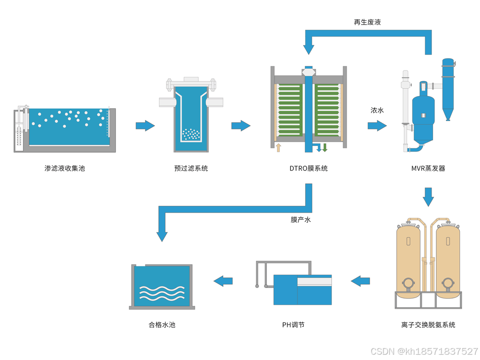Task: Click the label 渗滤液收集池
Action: pos(64,168)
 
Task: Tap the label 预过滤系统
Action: pos(191,168)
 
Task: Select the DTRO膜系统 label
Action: pos(308,168)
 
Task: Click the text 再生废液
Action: pos(367,22)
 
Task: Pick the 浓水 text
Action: pos(377,110)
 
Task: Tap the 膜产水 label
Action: pos(300,220)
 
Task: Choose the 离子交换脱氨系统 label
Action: pos(428,325)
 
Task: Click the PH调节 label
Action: pos(293,325)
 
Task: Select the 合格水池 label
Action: pos(162,325)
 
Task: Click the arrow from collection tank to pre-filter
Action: pos(145,126)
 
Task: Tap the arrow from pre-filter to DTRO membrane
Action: pos(240,126)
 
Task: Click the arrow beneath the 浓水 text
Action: pos(377,126)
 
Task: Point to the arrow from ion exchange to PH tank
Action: pos(360,281)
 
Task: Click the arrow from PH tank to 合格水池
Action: pos(223,281)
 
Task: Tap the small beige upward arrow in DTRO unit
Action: pos(278,147)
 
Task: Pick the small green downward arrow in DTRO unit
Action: pos(325,147)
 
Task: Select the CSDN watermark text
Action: pos(425,351)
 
